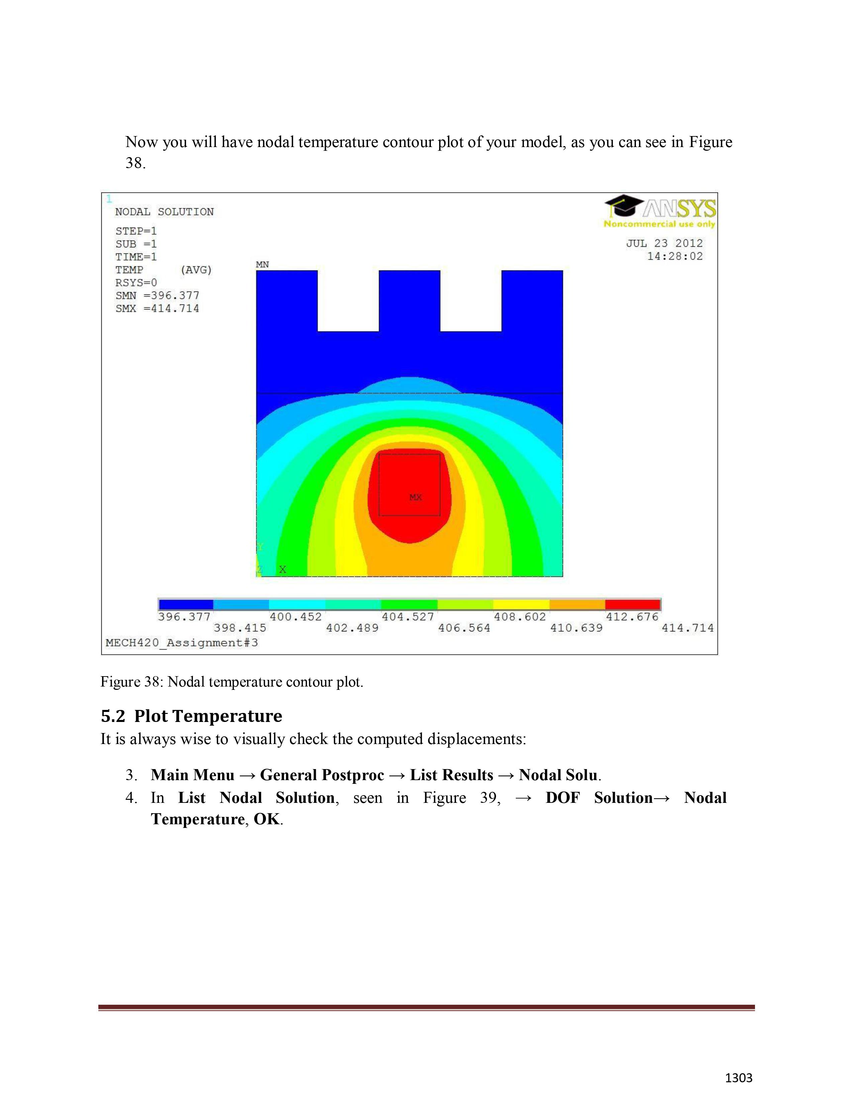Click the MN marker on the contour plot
coord(262,265)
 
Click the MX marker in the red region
coord(415,497)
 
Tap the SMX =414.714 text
coord(157,309)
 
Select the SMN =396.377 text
coord(157,295)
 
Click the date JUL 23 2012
coord(664,243)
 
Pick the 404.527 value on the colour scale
coord(407,617)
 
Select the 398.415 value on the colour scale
coord(240,628)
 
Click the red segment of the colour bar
coord(632,605)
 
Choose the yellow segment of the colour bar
coord(521,605)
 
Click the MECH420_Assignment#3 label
coord(181,643)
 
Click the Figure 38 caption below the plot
coord(231,682)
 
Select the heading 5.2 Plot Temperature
coord(192,716)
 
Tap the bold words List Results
coord(451,775)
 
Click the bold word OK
coord(266,819)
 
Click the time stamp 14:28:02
coord(675,257)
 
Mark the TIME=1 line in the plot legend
coord(136,257)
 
